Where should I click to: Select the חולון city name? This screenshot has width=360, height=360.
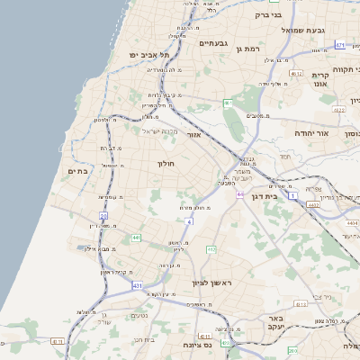166,164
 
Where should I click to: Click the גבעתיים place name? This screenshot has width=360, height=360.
216,42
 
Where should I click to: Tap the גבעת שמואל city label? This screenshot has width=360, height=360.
306,30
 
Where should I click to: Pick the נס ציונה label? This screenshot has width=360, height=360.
195,345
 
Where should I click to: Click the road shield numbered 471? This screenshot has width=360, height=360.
340,44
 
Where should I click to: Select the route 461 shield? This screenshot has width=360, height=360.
229,103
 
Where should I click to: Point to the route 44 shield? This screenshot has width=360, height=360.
240,194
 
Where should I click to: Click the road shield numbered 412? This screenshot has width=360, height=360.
211,249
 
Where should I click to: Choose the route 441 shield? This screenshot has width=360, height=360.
136,238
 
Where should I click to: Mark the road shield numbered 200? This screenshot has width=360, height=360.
103,216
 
